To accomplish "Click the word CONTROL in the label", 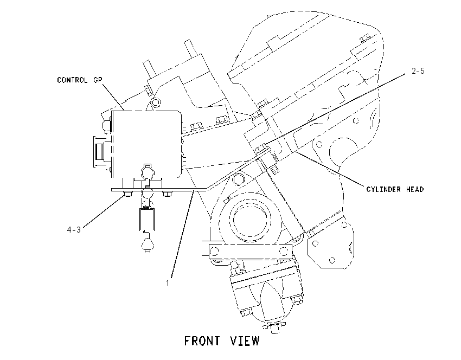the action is (x=72, y=80).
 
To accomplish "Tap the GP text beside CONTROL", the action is (x=97, y=80).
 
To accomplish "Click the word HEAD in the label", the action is (x=415, y=189).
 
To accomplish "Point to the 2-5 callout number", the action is (x=418, y=71).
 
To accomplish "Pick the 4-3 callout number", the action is (x=74, y=229).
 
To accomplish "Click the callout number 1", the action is (x=167, y=282).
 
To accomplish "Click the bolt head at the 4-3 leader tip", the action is (x=127, y=194).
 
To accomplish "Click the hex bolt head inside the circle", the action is (x=238, y=179).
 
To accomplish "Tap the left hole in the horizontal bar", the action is (x=215, y=252).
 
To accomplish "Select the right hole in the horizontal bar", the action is (x=284, y=252).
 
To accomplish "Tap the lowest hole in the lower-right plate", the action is (x=332, y=260).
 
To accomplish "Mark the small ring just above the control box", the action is (x=156, y=102).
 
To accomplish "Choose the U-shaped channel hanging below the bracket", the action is (x=148, y=218).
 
